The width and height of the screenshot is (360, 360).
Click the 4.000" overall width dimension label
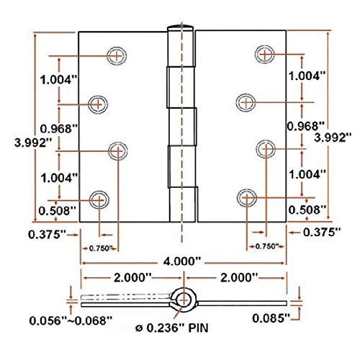tap(181, 261)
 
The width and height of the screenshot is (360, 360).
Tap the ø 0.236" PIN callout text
tap(172, 328)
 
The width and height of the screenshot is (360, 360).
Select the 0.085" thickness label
tap(271, 319)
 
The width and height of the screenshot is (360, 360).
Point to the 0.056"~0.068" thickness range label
tap(71, 321)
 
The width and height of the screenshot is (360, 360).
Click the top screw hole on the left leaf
tap(117, 56)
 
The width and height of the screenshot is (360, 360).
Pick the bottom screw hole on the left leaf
tap(99, 200)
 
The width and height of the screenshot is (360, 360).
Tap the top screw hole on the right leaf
tap(265, 54)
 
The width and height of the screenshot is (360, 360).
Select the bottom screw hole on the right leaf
tap(247, 198)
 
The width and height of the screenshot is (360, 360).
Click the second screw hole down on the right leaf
tap(246, 102)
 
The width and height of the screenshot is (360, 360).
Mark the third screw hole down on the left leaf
tap(118, 151)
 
